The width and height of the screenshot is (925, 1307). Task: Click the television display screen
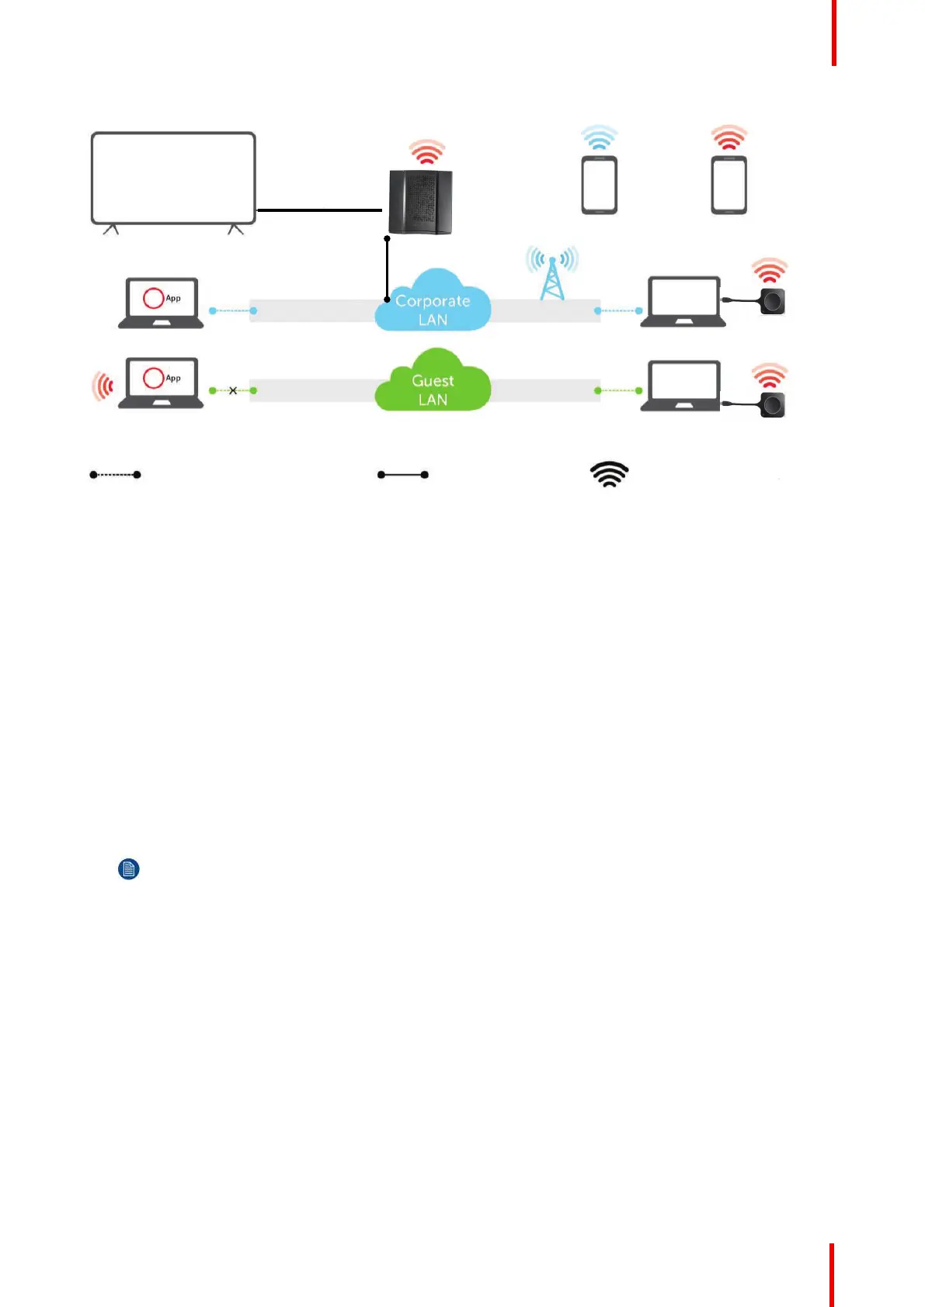click(x=173, y=178)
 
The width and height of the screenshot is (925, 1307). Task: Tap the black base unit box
click(x=420, y=202)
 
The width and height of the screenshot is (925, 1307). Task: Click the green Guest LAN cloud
click(x=433, y=383)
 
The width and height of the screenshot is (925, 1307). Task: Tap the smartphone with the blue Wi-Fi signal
click(x=599, y=185)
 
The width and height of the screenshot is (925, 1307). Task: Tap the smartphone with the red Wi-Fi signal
click(x=729, y=185)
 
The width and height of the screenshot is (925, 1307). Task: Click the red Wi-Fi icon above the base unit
click(x=427, y=152)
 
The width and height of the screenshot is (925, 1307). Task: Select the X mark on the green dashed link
click(x=233, y=390)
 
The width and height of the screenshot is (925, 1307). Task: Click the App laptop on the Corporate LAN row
click(x=162, y=303)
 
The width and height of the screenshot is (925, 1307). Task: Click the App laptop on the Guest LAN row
click(x=162, y=383)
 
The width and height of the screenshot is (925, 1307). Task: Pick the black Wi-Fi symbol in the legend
click(x=610, y=474)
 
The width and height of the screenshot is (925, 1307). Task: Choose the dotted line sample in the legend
click(x=115, y=474)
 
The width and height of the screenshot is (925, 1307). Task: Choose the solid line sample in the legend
click(x=403, y=474)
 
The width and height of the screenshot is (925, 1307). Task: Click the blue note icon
click(x=129, y=868)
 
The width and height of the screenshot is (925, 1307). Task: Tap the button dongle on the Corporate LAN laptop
click(x=772, y=300)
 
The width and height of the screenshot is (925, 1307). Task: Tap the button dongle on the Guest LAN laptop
click(x=772, y=404)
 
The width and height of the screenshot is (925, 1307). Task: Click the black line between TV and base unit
click(x=319, y=210)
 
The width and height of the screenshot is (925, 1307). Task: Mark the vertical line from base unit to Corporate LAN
click(x=387, y=269)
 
